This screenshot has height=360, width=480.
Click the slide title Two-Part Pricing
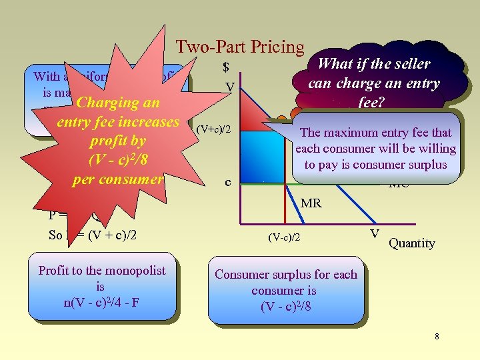click(239, 47)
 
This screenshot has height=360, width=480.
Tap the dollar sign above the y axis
click(226, 67)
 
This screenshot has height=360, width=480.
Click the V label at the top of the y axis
click(229, 87)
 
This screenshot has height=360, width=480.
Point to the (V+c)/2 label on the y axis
click(214, 129)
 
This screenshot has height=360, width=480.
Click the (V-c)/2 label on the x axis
click(283, 237)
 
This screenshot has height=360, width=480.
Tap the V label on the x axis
click(375, 233)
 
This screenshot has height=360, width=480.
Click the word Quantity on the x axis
click(411, 243)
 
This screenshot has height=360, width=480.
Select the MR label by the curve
click(311, 202)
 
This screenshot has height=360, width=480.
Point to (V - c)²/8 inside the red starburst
click(118, 161)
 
